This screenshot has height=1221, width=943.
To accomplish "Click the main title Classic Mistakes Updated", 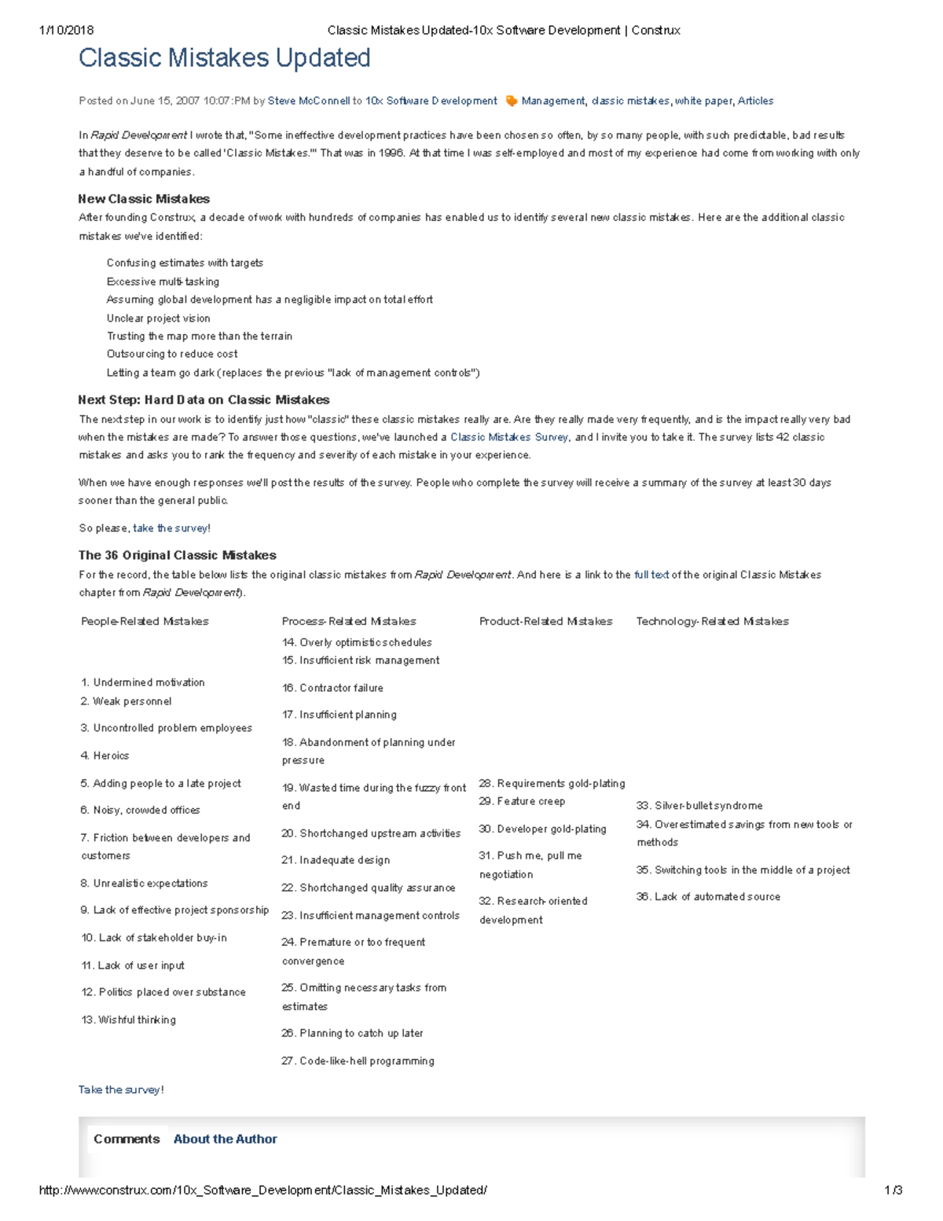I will click(x=224, y=58).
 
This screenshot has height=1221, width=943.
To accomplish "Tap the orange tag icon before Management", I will click(x=511, y=101).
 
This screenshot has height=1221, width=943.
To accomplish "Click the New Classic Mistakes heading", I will click(x=144, y=199).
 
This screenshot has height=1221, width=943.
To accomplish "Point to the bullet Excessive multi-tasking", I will click(x=163, y=281).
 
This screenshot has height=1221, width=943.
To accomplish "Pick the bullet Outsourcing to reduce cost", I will click(x=172, y=354).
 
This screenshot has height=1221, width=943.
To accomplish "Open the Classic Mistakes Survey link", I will click(x=509, y=437).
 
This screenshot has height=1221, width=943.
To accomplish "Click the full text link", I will click(x=651, y=575).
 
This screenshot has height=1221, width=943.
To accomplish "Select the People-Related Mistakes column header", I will click(x=145, y=621).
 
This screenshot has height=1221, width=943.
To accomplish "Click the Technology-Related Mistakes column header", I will click(x=712, y=621).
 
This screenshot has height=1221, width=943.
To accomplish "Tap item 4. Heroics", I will click(x=105, y=756).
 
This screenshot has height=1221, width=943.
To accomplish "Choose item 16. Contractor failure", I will click(x=332, y=688).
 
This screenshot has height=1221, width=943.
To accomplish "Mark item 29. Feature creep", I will click(x=522, y=801).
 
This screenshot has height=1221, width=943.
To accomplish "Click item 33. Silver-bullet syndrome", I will click(x=699, y=806).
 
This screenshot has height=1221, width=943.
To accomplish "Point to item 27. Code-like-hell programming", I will click(x=358, y=1061).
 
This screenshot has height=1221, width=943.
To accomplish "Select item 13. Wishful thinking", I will click(x=128, y=1020).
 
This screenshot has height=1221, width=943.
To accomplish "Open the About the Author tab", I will click(x=225, y=1139).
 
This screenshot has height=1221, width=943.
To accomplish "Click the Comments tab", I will click(x=127, y=1139).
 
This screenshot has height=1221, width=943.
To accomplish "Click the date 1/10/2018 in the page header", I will click(x=66, y=31).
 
